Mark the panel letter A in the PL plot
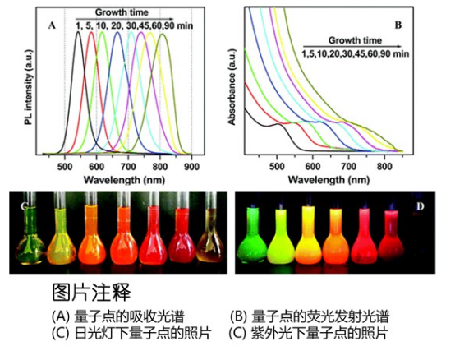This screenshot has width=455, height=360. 51,25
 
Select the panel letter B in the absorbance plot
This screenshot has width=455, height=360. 398,25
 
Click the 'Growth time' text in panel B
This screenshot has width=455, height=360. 354,40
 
